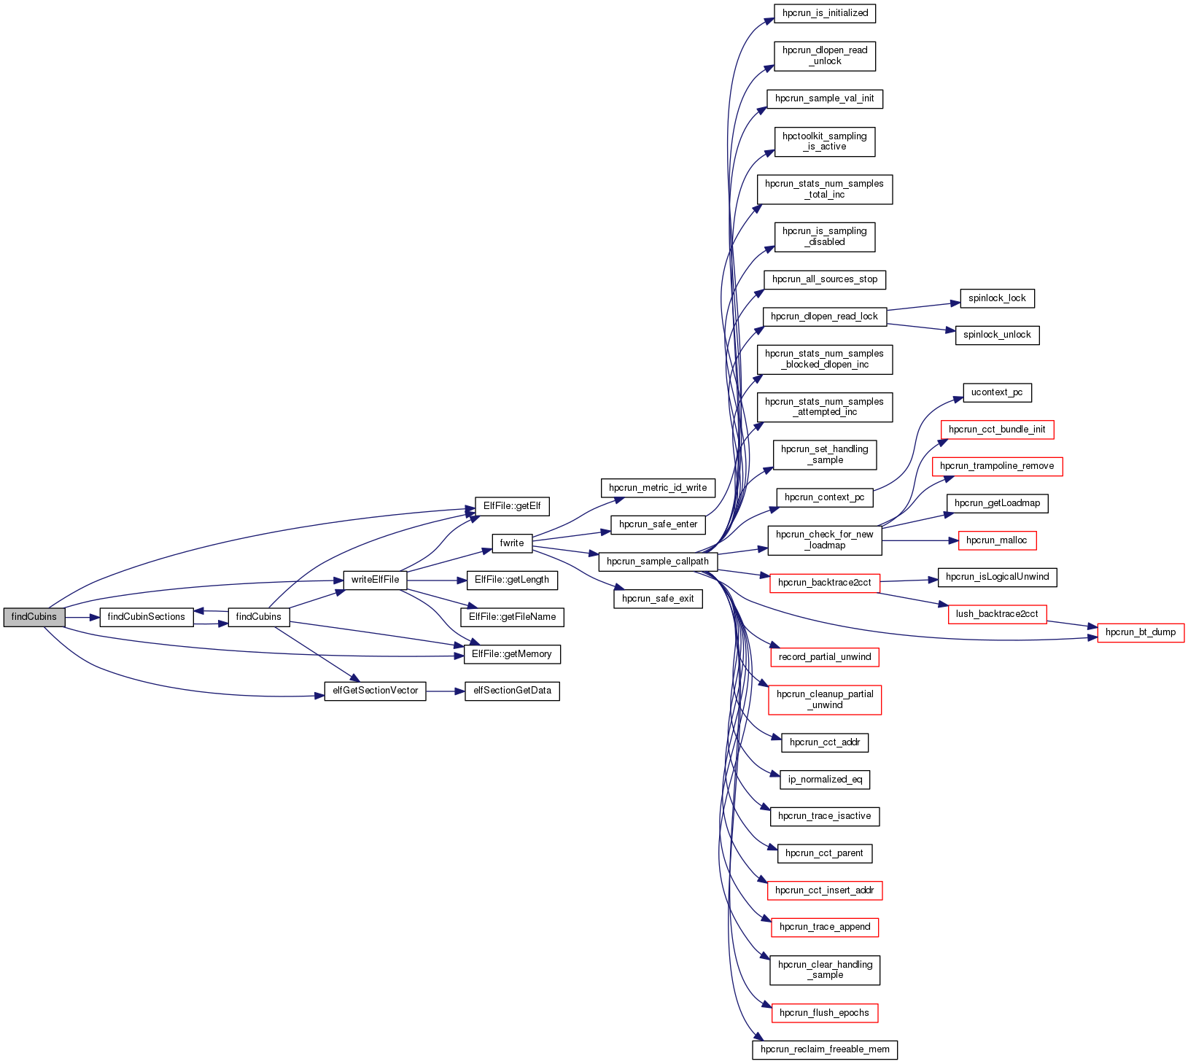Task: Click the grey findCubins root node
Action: pos(34,617)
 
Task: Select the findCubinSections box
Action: pos(146,617)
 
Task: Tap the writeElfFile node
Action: pos(375,580)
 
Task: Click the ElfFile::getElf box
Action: pos(512,506)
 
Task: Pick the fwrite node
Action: pos(512,543)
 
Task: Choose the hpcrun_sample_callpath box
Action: pos(658,562)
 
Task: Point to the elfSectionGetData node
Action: pos(512,691)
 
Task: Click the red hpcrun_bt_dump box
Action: pos(1141,632)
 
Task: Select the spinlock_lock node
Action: pos(997,298)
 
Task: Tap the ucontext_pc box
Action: pos(997,392)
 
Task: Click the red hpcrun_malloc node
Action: pos(997,540)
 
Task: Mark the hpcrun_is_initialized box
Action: pos(825,13)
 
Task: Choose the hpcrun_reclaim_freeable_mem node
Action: pos(825,1049)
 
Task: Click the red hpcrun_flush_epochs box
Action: pos(824,1013)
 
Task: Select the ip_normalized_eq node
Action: pos(825,780)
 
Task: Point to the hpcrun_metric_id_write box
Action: pos(658,488)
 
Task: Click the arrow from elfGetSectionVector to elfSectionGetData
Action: pos(445,691)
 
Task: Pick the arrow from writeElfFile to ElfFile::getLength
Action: pos(436,580)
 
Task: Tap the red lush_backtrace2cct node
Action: pos(997,614)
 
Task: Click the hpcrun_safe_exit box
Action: pos(658,599)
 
